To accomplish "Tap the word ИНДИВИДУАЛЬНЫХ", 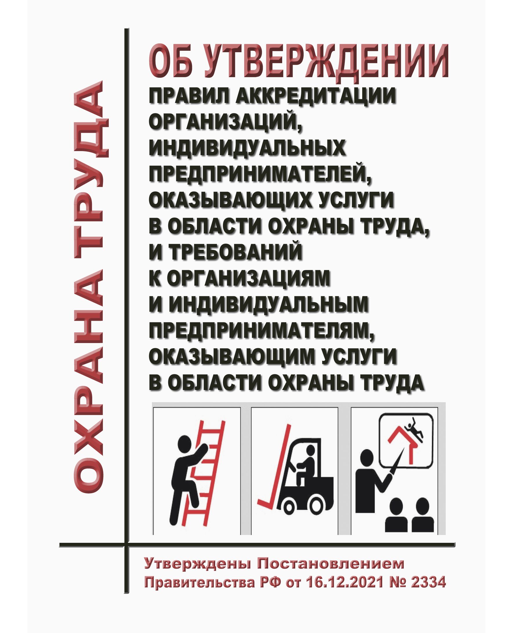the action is point(247,148).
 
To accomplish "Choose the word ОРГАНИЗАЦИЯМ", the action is point(249,278).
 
